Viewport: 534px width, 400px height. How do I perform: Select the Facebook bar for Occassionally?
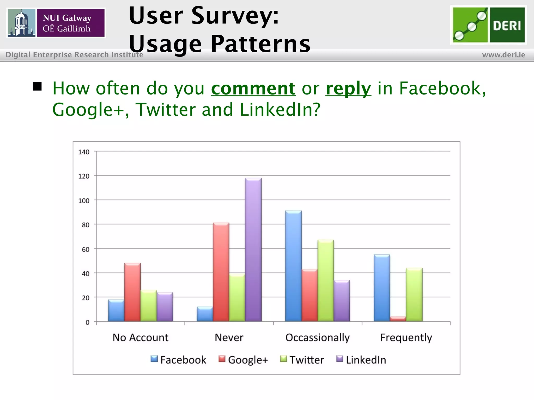293,266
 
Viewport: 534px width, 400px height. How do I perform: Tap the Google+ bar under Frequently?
398,319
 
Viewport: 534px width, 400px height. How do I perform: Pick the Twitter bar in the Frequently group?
414,295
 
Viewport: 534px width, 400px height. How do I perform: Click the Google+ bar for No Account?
132,292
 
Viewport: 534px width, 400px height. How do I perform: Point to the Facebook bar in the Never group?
205,314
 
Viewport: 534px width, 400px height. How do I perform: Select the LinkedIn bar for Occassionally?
342,301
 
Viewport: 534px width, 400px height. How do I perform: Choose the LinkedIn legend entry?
361,360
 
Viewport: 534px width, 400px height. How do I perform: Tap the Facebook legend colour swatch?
154,359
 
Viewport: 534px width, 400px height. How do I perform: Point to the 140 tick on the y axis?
84,152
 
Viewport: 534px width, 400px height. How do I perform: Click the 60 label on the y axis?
85,249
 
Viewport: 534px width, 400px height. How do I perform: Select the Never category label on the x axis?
229,337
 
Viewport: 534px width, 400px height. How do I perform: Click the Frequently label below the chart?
406,337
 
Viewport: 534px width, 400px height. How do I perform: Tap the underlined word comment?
253,89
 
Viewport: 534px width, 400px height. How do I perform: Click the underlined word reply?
348,89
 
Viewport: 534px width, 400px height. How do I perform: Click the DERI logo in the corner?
488,25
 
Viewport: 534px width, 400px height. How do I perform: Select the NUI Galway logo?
56,23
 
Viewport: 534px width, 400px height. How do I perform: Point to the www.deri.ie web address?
503,55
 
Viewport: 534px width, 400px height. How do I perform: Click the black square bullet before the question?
38,86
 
